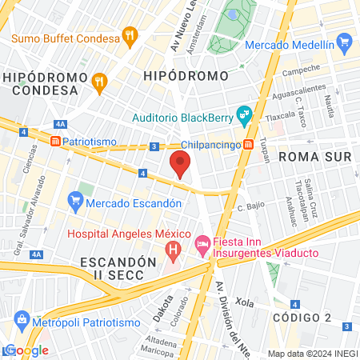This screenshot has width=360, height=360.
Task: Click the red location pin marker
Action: (181, 164)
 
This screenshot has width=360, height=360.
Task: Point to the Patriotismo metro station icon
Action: (55, 141)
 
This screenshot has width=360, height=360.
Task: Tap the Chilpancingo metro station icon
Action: (249, 145)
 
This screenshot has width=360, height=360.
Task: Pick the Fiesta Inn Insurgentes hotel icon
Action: (202, 242)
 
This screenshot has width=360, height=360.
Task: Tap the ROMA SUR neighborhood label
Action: (314, 157)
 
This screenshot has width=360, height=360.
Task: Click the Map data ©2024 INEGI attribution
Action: (312, 353)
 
